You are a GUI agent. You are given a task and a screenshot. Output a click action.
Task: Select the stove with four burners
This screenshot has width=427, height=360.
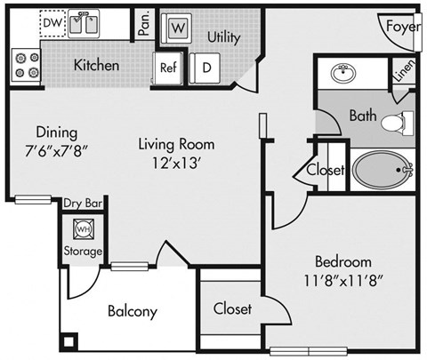click(x=25, y=65)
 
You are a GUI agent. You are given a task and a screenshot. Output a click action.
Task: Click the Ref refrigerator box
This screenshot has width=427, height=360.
click(x=167, y=67)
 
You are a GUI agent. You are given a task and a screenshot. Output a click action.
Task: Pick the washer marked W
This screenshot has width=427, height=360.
click(x=178, y=28)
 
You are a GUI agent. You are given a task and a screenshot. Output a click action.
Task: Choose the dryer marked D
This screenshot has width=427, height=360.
click(x=206, y=67)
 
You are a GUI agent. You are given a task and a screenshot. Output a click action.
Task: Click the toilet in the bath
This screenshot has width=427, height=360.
click(x=398, y=123)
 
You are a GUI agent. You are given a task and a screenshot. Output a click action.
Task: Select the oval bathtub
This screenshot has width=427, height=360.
click(x=382, y=168)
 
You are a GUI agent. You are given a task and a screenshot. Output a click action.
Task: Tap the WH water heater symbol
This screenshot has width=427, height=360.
click(x=83, y=229)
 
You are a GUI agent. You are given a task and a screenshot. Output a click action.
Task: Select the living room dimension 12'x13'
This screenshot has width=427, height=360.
click(x=175, y=162)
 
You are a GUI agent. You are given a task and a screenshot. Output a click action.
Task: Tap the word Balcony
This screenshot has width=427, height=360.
click(x=133, y=311)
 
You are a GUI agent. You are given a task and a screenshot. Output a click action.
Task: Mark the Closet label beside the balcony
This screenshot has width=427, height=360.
click(x=232, y=309)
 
